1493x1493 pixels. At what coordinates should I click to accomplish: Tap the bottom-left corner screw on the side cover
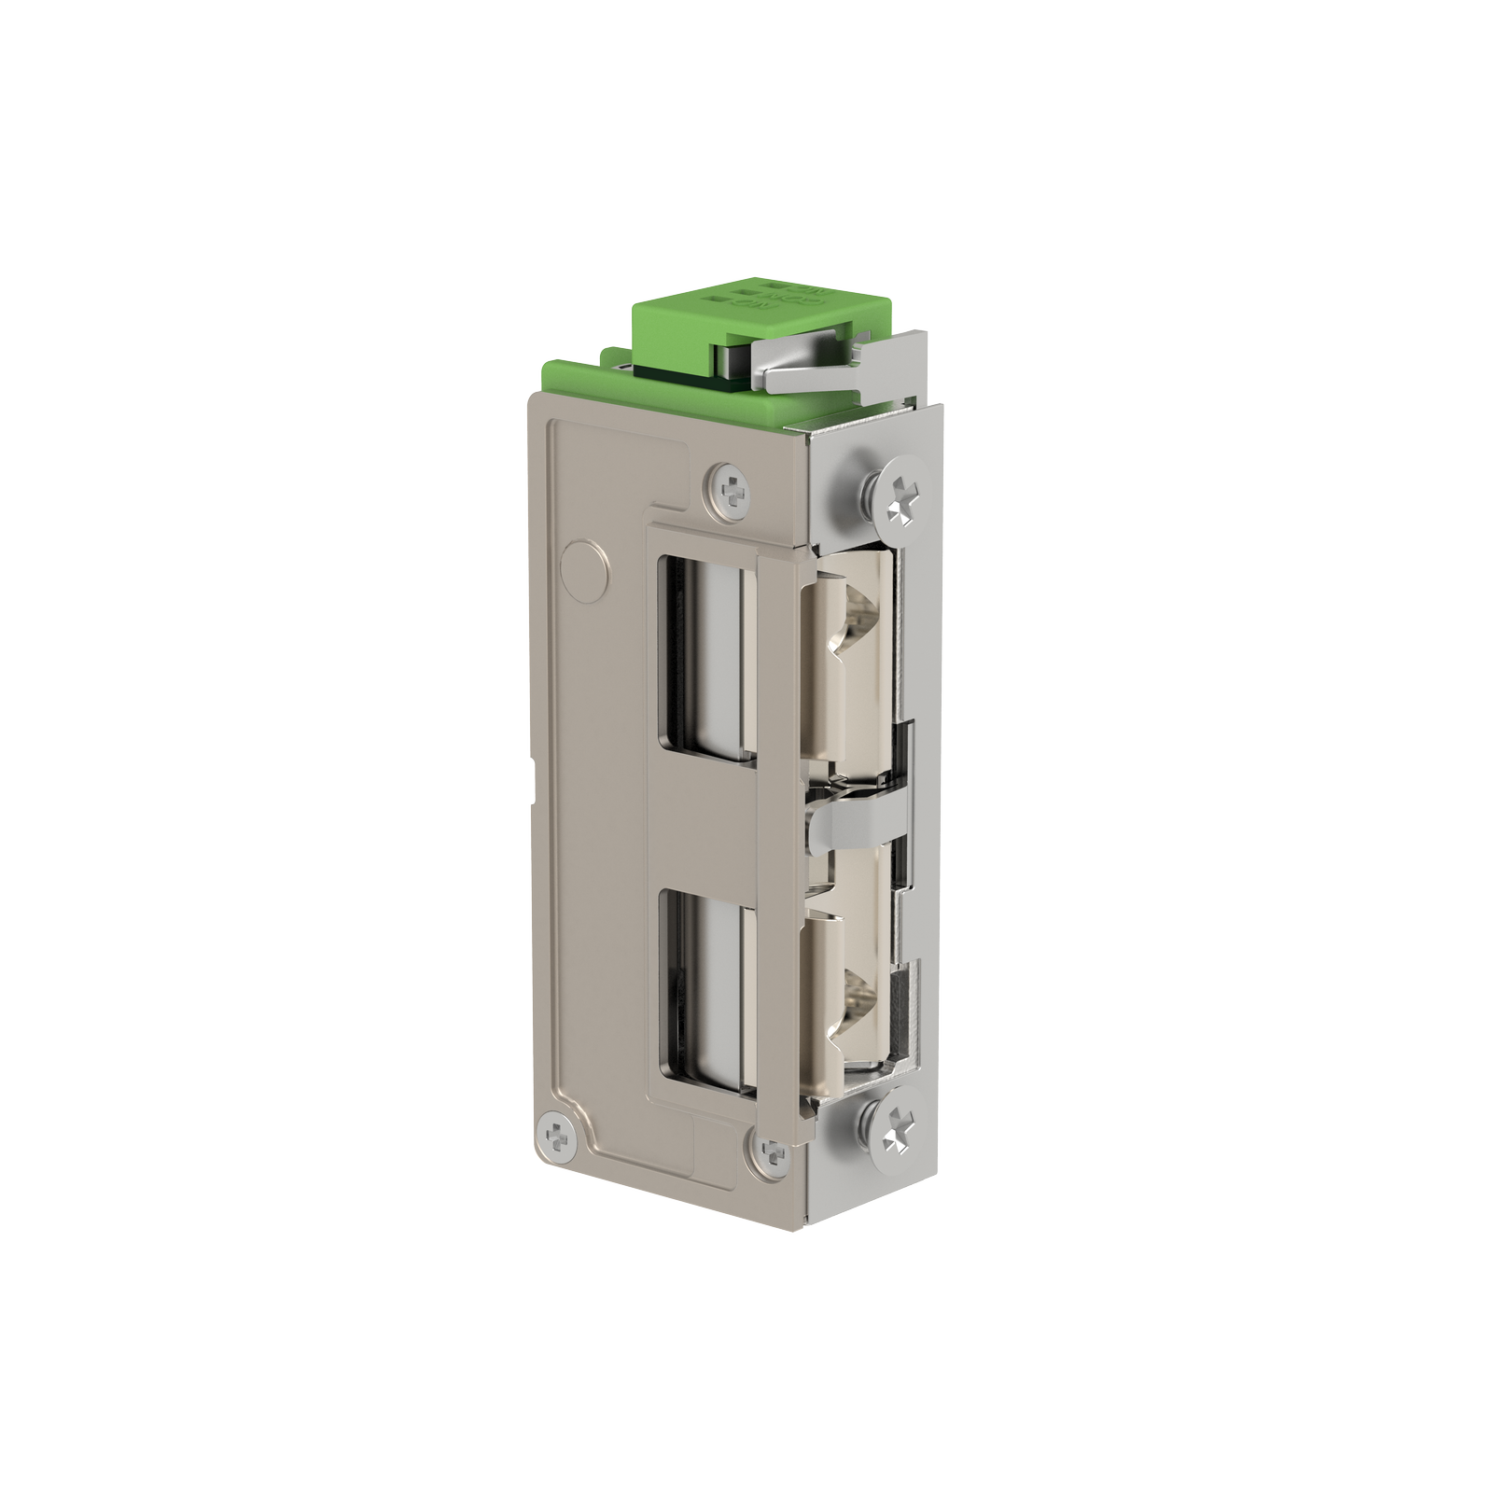pos(559,1137)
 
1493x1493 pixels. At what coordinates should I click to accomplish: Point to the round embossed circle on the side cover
pos(583,569)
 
